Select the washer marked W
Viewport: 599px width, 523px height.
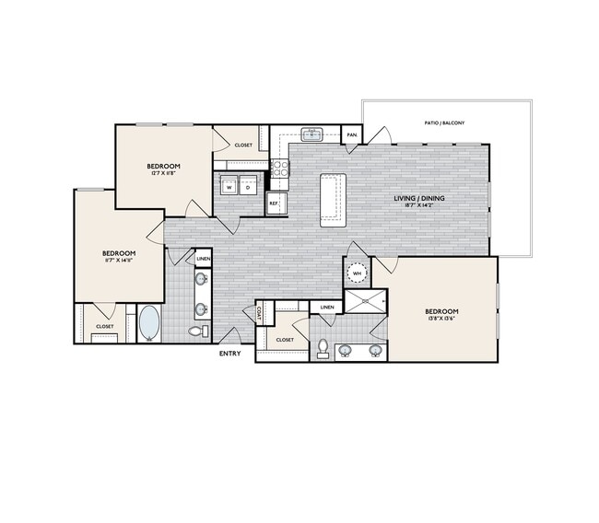click(228, 186)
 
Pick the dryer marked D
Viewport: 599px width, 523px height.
click(247, 186)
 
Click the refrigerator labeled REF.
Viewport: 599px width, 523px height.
click(274, 203)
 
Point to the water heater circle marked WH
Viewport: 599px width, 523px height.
click(356, 273)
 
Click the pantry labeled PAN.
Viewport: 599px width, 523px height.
click(352, 134)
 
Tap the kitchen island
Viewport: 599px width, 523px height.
click(333, 199)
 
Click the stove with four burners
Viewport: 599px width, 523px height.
click(278, 168)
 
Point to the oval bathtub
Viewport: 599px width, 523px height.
click(148, 323)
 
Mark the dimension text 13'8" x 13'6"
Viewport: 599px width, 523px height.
click(441, 321)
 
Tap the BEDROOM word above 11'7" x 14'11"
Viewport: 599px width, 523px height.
click(119, 253)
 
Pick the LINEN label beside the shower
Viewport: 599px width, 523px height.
click(326, 307)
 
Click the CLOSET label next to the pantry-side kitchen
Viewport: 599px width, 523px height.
click(243, 145)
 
